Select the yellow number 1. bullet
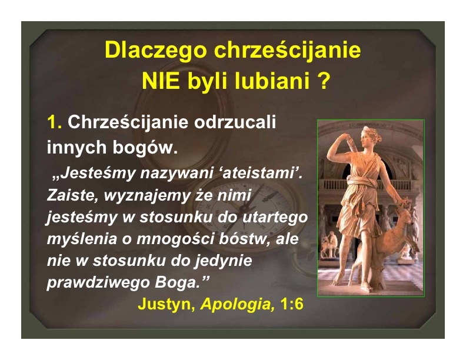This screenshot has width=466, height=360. [x=54, y=122]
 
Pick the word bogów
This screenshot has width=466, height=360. [x=145, y=147]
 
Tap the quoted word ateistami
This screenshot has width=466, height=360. [x=258, y=173]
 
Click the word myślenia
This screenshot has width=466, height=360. [x=82, y=239]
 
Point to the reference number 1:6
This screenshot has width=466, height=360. [x=292, y=304]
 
